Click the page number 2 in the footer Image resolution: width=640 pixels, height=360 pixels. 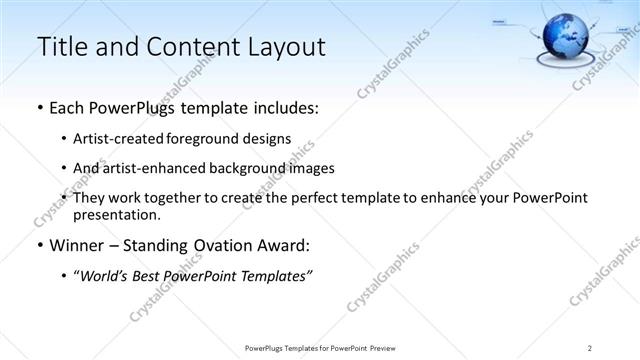(x=590, y=347)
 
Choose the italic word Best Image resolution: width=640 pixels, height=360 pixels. (x=148, y=276)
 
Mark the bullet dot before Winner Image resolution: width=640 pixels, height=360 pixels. (x=39, y=246)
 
